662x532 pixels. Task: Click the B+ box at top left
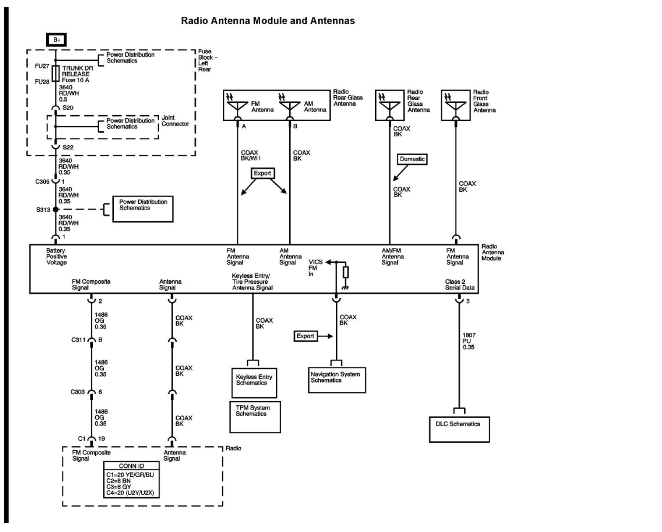57,40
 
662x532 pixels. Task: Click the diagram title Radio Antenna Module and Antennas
267,21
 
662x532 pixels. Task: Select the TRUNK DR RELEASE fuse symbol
56,73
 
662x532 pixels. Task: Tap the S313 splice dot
56,209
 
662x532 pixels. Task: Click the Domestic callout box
412,159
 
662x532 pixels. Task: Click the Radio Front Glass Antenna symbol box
455,105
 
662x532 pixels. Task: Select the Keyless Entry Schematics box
254,383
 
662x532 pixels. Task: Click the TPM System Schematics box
255,416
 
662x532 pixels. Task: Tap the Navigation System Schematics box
337,380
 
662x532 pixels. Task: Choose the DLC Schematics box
459,429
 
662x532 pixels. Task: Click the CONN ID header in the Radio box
131,466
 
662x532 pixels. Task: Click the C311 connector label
78,340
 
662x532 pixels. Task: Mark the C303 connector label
77,392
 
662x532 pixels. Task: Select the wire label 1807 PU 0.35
468,341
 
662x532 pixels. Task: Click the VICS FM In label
315,268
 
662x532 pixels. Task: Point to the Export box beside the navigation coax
305,336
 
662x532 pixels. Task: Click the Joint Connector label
175,121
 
